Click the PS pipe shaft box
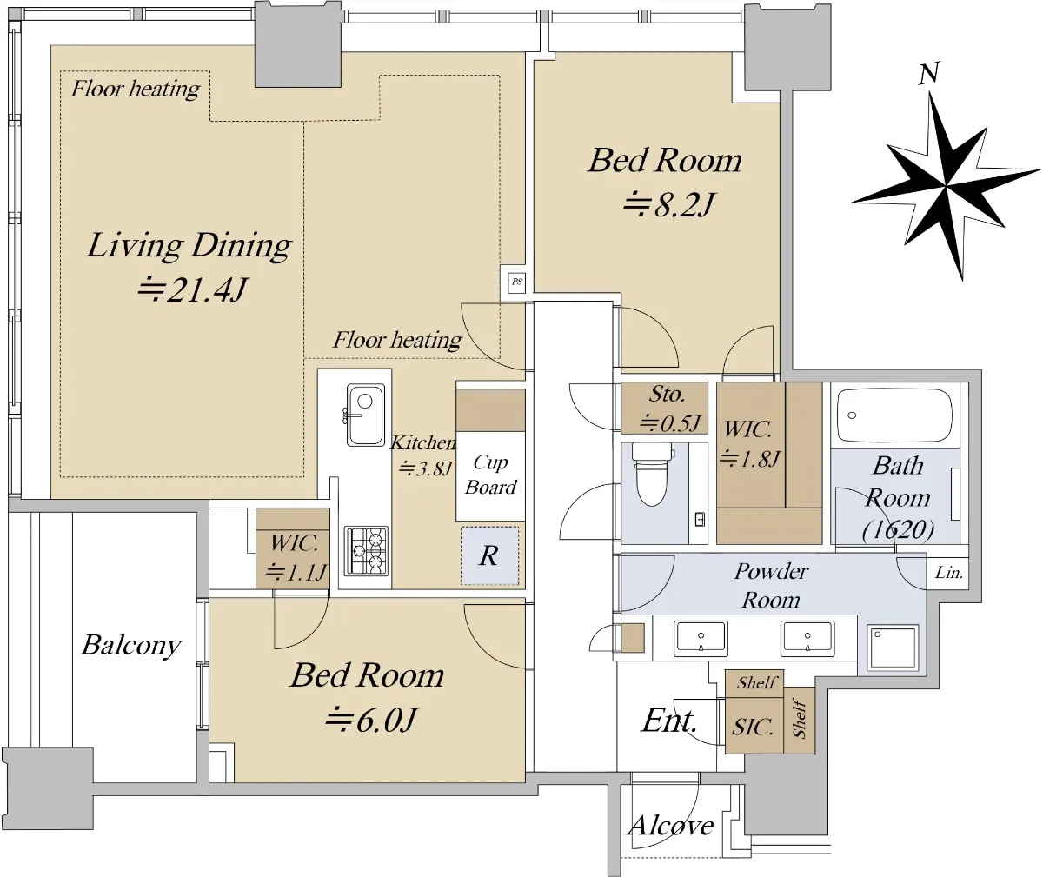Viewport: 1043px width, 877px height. point(517,282)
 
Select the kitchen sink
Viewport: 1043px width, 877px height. point(366,415)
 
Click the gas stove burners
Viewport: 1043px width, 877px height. point(366,551)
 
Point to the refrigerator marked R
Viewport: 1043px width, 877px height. point(489,555)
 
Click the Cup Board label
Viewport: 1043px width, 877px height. point(490,475)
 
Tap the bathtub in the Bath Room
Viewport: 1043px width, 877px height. point(894,415)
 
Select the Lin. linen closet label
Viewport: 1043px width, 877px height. point(948,572)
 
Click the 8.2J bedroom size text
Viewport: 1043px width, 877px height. point(668,204)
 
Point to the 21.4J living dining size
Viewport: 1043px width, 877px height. point(192,289)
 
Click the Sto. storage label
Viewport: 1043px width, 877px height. point(667,395)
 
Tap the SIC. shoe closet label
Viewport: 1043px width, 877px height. point(753,728)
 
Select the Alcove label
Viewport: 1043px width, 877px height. point(670,826)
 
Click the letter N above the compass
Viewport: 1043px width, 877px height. point(929,74)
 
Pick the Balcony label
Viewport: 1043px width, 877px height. point(131,646)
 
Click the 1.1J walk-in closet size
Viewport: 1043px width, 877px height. point(296,571)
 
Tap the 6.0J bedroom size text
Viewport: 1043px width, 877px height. point(370,720)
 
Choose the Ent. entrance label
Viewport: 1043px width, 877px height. point(669,721)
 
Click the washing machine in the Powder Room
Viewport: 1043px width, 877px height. point(893,648)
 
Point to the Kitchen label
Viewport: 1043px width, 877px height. point(422,443)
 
